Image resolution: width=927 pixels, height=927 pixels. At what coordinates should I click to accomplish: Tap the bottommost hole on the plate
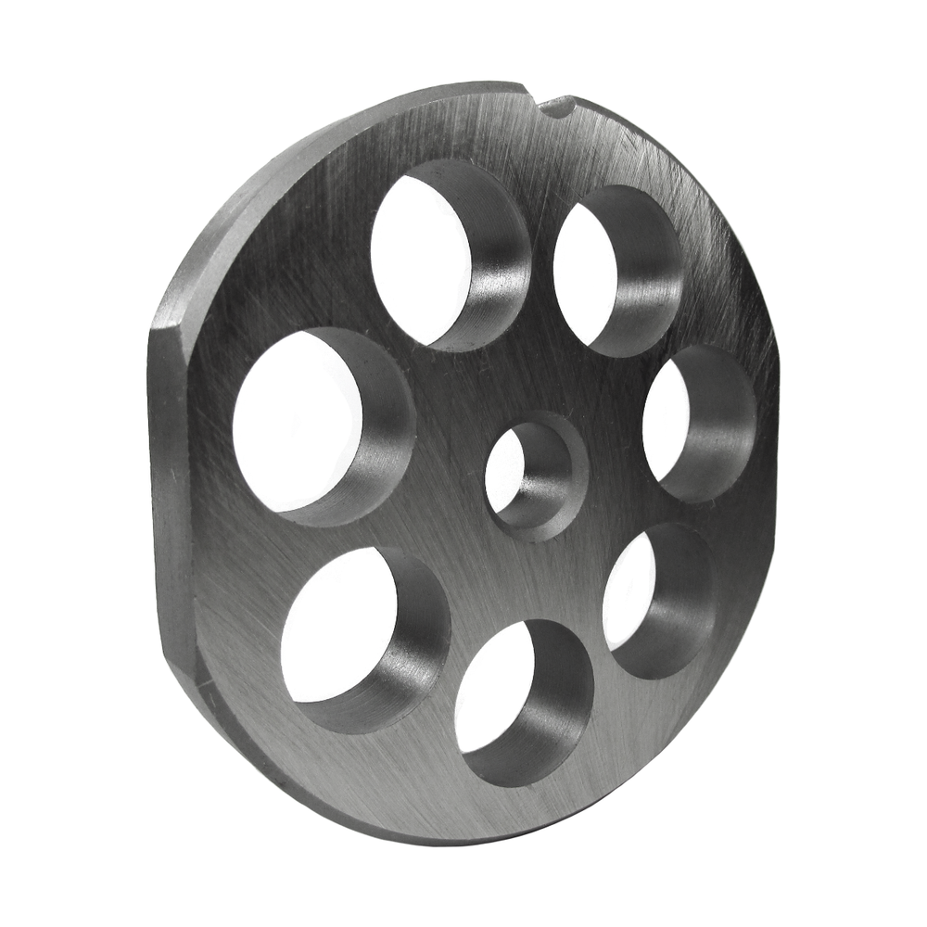click(x=524, y=700)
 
